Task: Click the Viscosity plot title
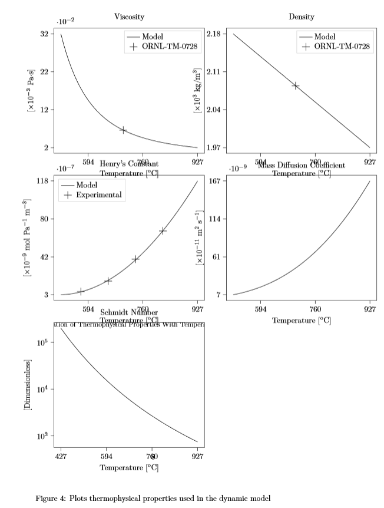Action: click(x=130, y=17)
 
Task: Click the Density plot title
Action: click(x=302, y=17)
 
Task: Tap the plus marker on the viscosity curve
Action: click(x=123, y=130)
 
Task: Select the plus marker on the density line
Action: click(x=296, y=85)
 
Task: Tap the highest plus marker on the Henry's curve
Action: click(x=163, y=230)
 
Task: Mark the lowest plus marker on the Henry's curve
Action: click(x=81, y=291)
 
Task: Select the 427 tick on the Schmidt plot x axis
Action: click(x=61, y=456)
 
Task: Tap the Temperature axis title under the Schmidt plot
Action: click(x=129, y=468)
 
